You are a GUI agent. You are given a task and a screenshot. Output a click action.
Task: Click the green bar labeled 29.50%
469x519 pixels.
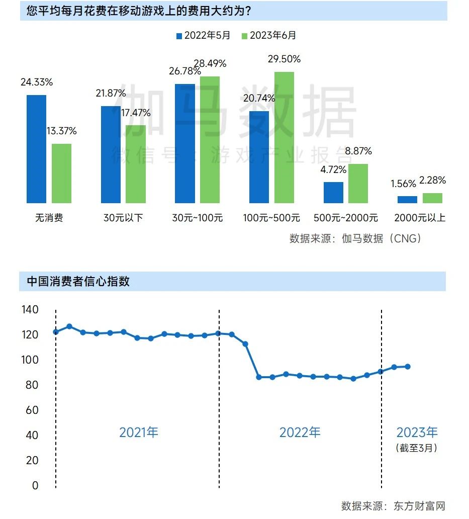click(x=284, y=137)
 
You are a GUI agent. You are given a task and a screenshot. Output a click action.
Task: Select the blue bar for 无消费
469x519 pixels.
click(x=36, y=149)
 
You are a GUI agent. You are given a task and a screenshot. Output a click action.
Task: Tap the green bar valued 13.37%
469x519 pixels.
click(x=61, y=174)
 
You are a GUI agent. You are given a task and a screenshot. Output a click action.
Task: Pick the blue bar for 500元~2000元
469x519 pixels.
click(x=333, y=192)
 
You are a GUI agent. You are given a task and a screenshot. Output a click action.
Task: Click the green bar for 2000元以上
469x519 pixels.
click(x=433, y=198)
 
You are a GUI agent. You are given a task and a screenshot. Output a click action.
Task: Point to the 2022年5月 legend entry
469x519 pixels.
click(x=204, y=35)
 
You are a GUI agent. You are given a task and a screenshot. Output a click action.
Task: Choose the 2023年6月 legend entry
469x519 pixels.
click(x=269, y=35)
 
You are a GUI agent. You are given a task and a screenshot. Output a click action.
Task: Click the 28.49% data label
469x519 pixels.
click(x=210, y=63)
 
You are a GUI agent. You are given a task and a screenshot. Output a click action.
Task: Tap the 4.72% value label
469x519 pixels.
click(x=333, y=170)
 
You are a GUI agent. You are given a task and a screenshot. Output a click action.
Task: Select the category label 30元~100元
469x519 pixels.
click(x=198, y=218)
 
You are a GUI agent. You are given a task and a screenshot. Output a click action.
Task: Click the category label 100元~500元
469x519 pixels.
click(x=271, y=218)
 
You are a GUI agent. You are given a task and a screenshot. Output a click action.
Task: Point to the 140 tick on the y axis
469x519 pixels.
click(x=30, y=309)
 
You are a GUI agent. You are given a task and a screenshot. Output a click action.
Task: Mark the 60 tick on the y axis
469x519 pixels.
click(x=32, y=410)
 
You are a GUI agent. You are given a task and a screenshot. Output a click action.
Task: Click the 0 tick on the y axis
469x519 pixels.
click(x=35, y=486)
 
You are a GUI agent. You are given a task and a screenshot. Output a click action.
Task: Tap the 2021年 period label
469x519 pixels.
click(x=139, y=432)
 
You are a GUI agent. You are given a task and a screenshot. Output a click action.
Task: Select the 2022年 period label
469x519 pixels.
click(x=300, y=432)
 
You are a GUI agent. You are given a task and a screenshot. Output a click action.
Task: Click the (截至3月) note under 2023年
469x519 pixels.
click(x=417, y=448)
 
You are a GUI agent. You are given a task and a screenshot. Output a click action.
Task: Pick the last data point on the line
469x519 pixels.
click(x=408, y=367)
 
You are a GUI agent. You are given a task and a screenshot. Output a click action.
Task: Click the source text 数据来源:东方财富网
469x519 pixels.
click(x=393, y=506)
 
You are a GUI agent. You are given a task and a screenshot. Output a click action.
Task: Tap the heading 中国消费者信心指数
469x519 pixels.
click(x=78, y=281)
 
